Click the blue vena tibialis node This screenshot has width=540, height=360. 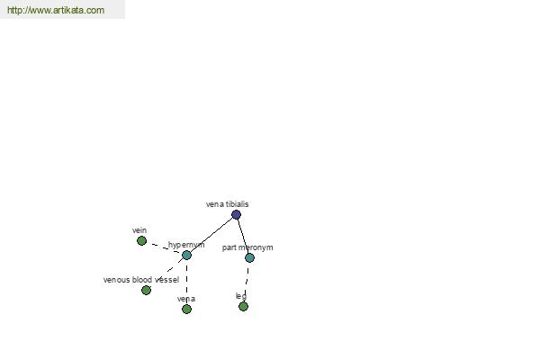[236, 214]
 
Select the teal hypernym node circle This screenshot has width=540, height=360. [186, 255]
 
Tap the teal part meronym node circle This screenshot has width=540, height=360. [249, 257]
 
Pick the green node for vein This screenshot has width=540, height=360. [141, 241]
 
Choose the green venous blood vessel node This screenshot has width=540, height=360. [146, 290]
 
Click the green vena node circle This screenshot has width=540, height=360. [186, 309]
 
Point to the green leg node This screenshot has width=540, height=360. [243, 306]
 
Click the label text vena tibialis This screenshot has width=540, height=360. [228, 204]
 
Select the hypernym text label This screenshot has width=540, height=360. [186, 245]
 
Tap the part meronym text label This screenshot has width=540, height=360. [247, 247]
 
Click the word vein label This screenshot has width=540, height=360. [139, 230]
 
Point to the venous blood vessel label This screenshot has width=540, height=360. [141, 280]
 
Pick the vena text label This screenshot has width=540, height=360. [186, 299]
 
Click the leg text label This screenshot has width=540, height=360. [241, 296]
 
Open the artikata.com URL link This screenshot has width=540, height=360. [56, 10]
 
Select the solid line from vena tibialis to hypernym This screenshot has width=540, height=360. [211, 235]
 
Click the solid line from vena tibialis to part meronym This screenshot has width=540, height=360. [243, 237]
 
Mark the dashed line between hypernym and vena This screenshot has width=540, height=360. [186, 282]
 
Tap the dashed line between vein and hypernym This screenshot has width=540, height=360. [165, 248]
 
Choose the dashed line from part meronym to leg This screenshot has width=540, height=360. [247, 282]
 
